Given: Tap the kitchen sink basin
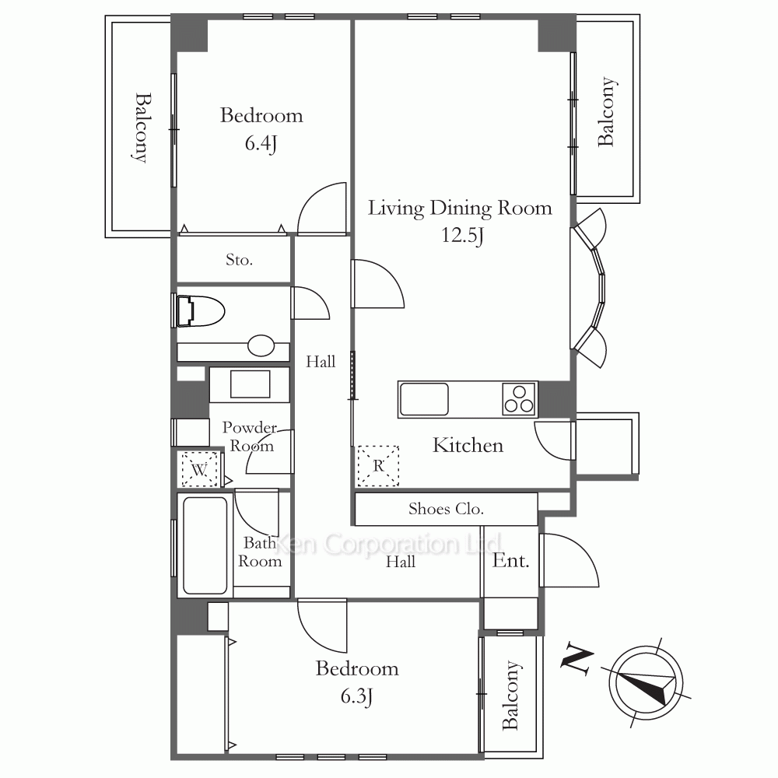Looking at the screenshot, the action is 424,399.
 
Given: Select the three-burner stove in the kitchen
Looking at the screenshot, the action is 520,399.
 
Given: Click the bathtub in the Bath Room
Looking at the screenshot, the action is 205,545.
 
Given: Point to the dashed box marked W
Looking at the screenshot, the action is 199,469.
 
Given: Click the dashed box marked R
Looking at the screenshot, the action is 378,465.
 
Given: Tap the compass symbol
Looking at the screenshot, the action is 646,682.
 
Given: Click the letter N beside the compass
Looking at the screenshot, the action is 577,660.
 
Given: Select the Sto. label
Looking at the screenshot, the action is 239,260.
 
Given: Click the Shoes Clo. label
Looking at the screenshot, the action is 446,509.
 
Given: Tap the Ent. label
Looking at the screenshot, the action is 510,561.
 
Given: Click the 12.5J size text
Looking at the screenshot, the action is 462,234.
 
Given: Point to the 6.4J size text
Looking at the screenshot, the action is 261,143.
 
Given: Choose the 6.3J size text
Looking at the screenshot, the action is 357,696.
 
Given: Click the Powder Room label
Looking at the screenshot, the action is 250,436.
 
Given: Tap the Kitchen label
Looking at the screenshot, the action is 468,445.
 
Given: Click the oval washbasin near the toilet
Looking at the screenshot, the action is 261,345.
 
